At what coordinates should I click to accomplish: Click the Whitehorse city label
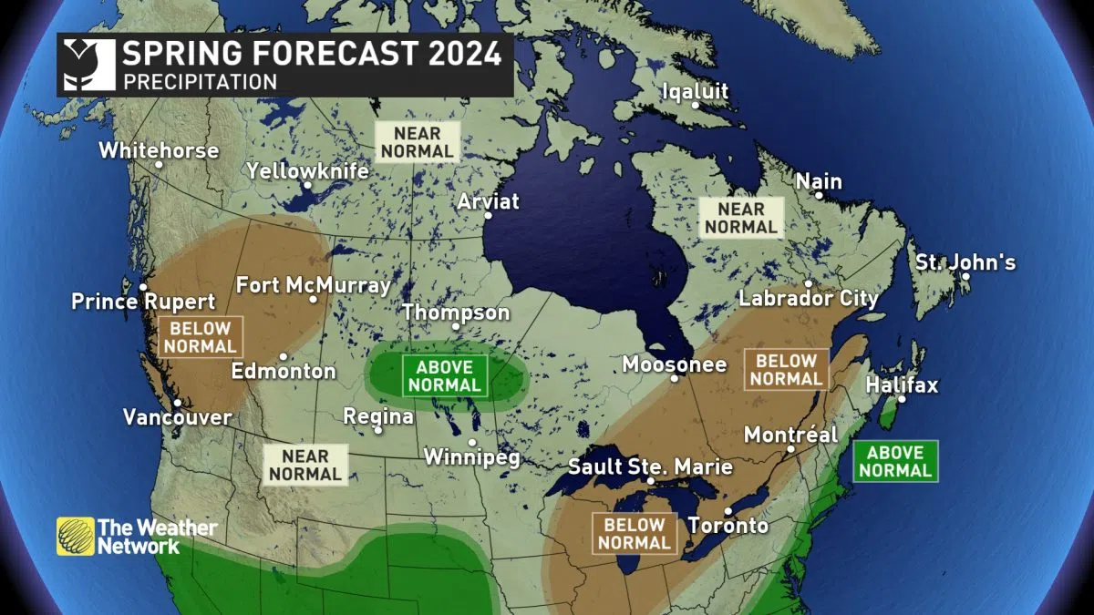(159, 150)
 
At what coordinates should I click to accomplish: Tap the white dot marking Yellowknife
(308, 185)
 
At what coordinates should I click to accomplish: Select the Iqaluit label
(696, 92)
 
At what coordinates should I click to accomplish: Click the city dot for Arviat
(489, 216)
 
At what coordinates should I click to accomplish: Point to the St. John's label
(965, 263)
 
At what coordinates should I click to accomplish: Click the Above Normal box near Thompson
(445, 375)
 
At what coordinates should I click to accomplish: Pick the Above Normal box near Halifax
(895, 461)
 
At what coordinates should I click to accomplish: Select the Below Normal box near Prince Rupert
(201, 337)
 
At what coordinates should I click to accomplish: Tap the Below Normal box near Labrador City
(785, 369)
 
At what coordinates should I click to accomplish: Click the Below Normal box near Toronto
(635, 534)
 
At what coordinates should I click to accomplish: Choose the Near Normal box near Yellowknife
(418, 141)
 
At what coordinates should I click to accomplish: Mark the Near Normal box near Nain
(740, 218)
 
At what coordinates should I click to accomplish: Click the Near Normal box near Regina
(305, 464)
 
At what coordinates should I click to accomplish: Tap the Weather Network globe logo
(76, 536)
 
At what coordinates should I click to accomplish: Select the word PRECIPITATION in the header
(201, 81)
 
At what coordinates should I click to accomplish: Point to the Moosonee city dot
(675, 378)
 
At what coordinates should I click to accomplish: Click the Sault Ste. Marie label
(650, 466)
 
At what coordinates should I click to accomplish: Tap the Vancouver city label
(178, 417)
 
